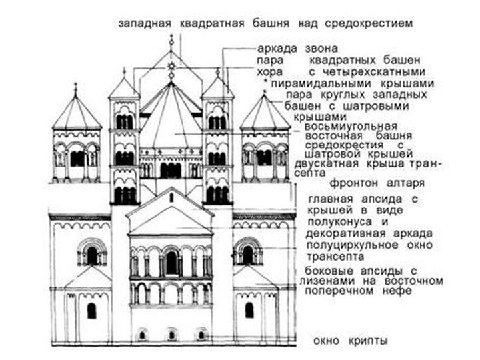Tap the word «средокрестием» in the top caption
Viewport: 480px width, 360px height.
pos(371,23)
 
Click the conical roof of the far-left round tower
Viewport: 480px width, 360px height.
pos(77,114)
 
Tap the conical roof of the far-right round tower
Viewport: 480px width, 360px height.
pos(265,114)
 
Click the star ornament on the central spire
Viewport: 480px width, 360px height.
pos(171,65)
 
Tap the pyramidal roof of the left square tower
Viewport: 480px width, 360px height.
pos(124,88)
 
